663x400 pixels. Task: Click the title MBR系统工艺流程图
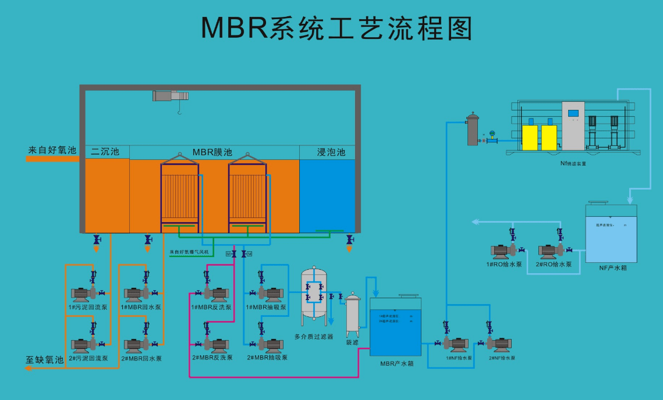click(336, 28)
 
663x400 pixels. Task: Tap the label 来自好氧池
click(52, 150)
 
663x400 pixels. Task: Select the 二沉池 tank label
click(105, 152)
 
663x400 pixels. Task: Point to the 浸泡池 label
click(331, 152)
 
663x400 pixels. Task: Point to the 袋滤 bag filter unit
click(353, 314)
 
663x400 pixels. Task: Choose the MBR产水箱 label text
click(396, 363)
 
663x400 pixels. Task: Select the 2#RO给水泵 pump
click(551, 251)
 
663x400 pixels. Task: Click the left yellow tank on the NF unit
click(530, 137)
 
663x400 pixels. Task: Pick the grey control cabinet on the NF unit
click(573, 126)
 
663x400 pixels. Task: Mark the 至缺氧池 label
click(44, 360)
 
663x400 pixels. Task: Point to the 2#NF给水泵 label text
click(502, 358)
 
